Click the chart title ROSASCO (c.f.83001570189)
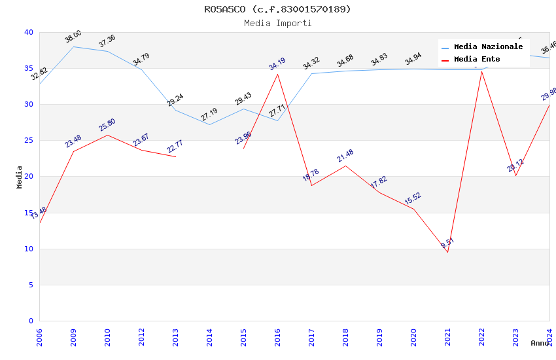277,9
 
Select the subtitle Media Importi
277,23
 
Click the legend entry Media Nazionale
488,46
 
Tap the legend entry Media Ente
477,59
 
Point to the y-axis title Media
20,177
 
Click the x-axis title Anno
540,343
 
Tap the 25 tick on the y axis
29,140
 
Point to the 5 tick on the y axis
31,285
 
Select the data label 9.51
447,243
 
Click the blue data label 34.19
277,64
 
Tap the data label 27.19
209,115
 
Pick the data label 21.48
345,156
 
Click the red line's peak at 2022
481,71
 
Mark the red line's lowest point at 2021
447,252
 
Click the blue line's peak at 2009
73,46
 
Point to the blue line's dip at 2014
209,124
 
